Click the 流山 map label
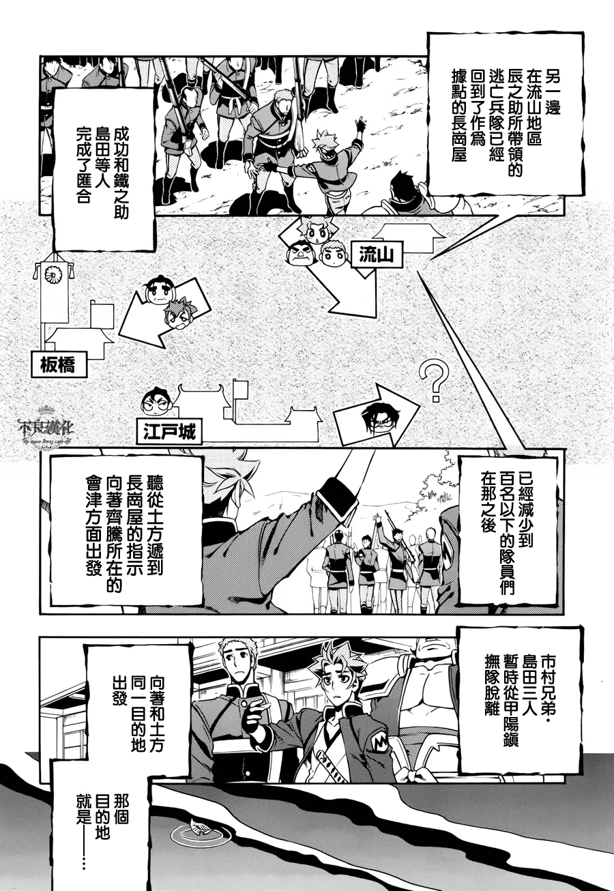(x=376, y=254)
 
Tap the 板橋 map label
(x=59, y=364)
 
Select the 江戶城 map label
(x=169, y=431)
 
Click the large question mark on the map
(x=435, y=380)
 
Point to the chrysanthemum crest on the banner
(x=52, y=274)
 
